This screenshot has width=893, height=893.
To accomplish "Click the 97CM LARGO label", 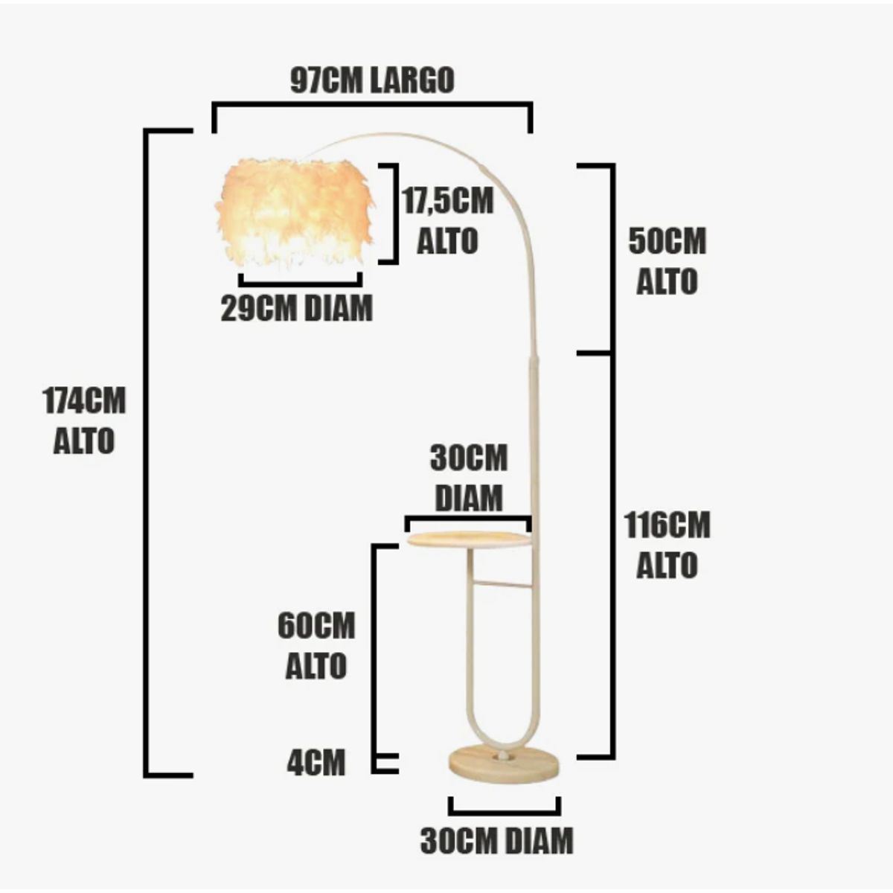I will pos(372,80).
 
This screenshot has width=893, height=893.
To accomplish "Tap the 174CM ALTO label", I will pos(84,420).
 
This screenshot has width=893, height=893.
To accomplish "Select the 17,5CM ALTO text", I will pos(447,221).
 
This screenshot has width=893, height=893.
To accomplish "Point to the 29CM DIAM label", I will pos(296,307).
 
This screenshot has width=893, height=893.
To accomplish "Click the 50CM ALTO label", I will pos(667,261).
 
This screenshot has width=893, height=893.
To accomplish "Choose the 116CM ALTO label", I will pos(667,545).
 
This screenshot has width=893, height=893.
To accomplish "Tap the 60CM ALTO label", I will pos(316,646).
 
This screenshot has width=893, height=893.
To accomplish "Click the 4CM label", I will pos(316,762).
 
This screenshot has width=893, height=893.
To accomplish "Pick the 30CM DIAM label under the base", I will pos(497,840).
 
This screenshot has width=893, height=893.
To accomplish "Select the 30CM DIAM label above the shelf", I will pos(469,478).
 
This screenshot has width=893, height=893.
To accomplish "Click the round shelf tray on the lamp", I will pos(469,539).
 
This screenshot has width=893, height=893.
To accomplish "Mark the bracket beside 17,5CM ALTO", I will pos(391,214).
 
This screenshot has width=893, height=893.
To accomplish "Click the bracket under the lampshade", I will pos(301,281).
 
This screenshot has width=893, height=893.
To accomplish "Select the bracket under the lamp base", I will pos(504,807).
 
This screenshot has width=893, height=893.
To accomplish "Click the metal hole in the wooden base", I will pos(504,756).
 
